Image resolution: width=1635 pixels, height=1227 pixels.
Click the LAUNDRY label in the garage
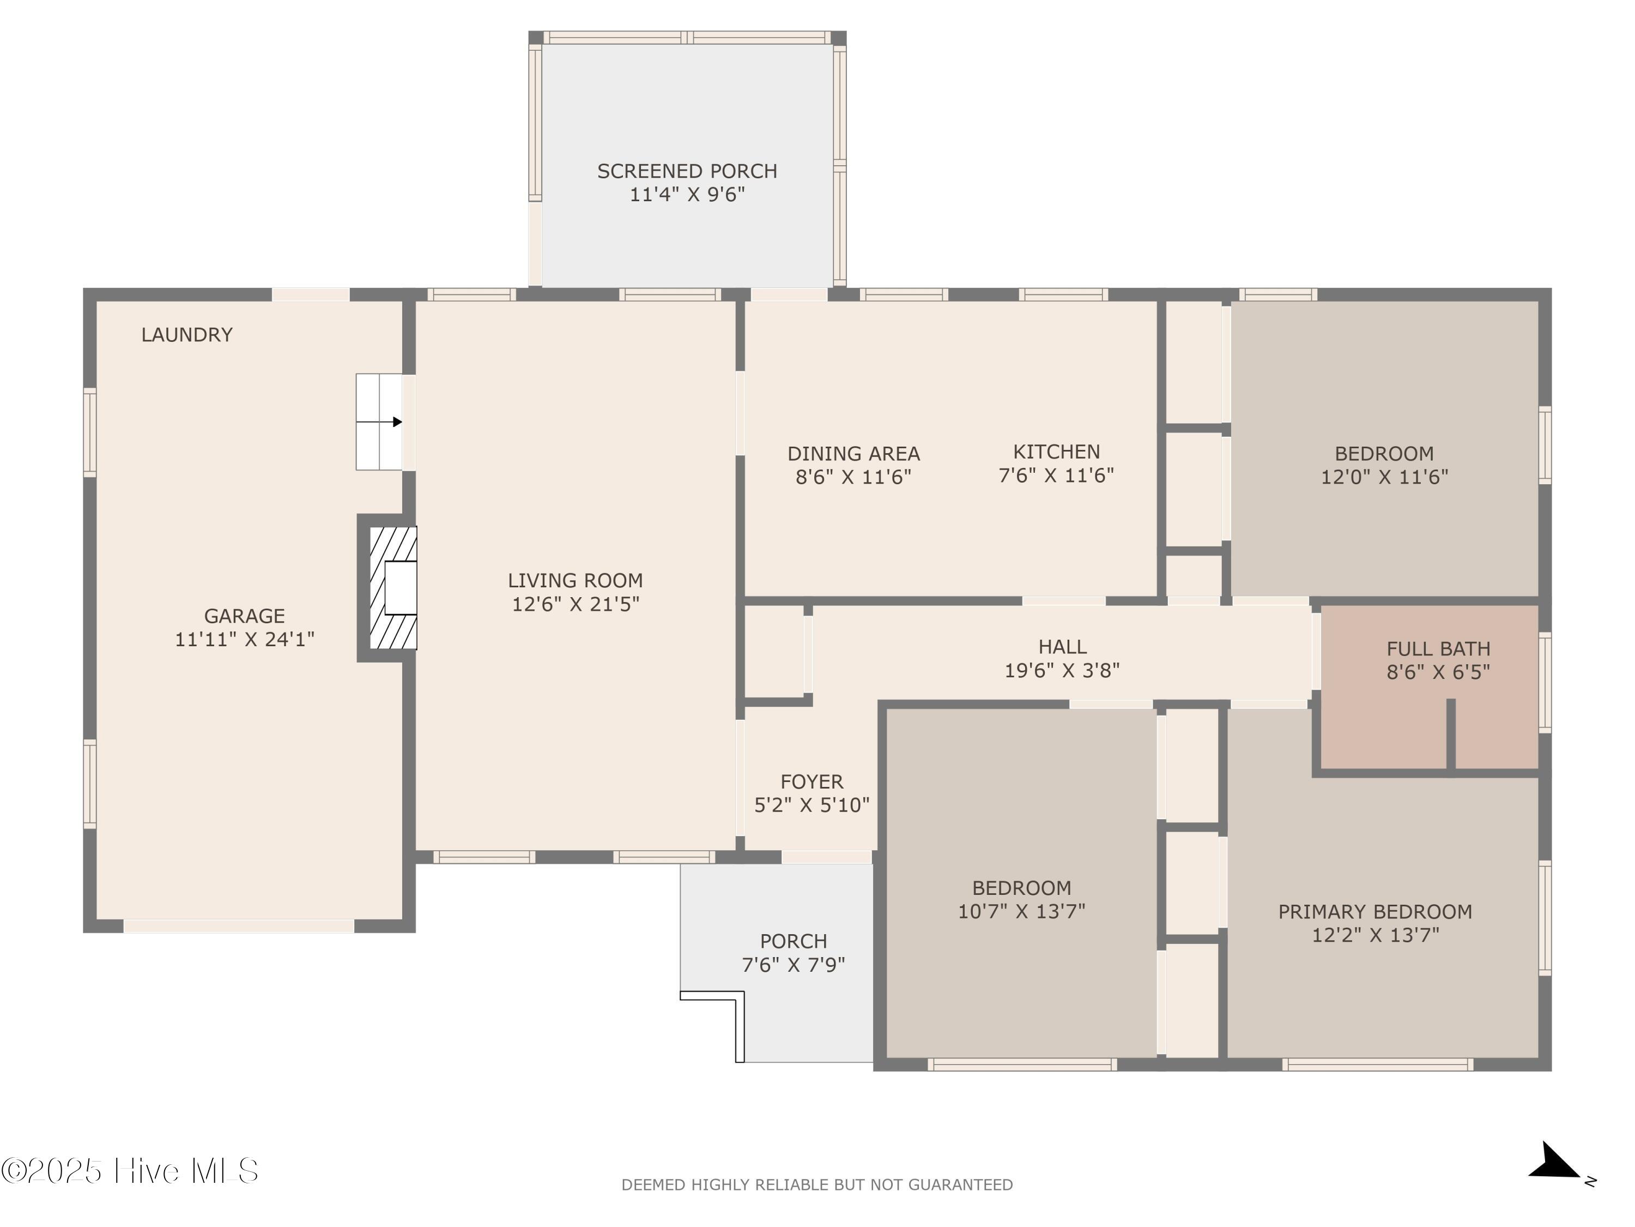click(x=187, y=335)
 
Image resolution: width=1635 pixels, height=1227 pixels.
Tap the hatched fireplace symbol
click(x=392, y=588)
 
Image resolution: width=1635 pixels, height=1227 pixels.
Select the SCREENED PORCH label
click(x=687, y=172)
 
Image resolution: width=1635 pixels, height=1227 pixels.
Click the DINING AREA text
click(x=853, y=453)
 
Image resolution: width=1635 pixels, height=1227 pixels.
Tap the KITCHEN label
click(x=1056, y=452)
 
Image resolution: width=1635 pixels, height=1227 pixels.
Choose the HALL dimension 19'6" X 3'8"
click(x=1062, y=671)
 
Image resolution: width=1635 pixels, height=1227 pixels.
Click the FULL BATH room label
click(x=1438, y=649)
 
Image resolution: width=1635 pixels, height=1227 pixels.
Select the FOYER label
click(x=812, y=782)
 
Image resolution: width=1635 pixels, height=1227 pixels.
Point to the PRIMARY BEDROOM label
click(x=1375, y=912)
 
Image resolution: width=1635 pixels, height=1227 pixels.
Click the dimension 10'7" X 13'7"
click(x=1021, y=911)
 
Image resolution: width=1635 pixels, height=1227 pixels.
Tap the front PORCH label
click(x=793, y=941)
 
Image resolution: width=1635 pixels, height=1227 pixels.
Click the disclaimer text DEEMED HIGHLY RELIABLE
click(x=817, y=1185)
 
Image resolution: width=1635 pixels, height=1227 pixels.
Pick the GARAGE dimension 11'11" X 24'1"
click(x=245, y=640)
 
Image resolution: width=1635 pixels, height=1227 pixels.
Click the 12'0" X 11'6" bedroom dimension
click(x=1384, y=477)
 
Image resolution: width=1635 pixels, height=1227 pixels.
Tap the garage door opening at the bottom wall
click(x=239, y=926)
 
